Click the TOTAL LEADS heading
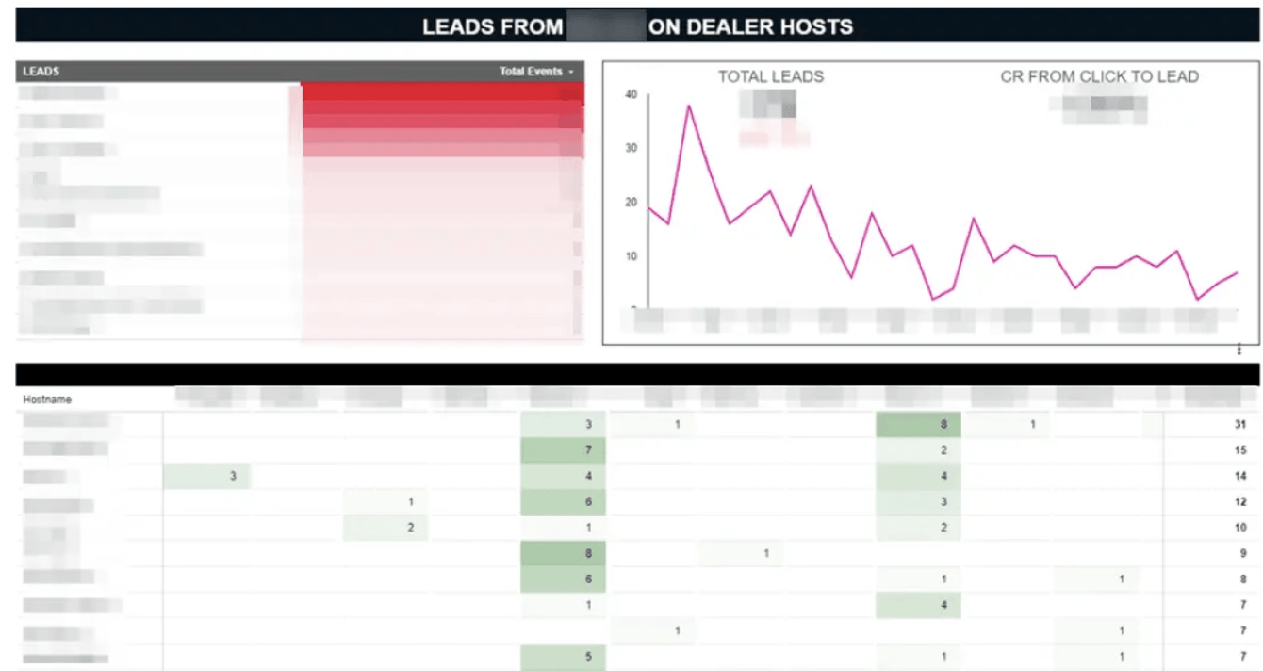(x=770, y=76)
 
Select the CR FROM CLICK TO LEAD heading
(x=1099, y=76)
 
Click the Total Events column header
(x=532, y=72)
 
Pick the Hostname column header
(x=47, y=400)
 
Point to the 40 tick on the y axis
(x=631, y=94)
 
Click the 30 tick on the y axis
(x=631, y=148)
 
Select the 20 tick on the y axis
(x=631, y=203)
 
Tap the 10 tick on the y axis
(x=631, y=256)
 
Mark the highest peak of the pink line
(x=689, y=105)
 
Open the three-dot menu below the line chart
(x=1239, y=350)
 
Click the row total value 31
(x=1239, y=425)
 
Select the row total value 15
(x=1239, y=451)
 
